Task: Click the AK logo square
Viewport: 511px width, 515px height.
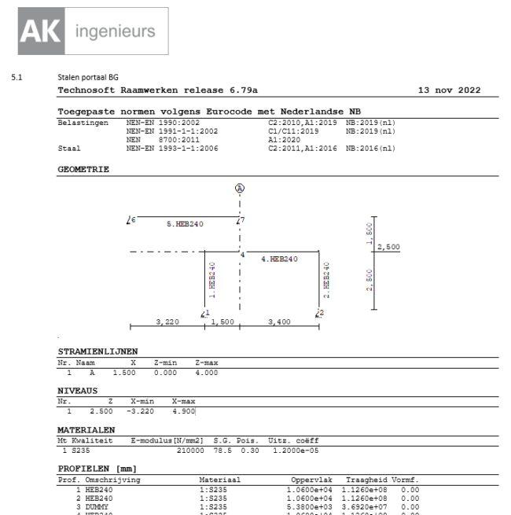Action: (34, 31)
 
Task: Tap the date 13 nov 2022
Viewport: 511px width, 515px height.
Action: (450, 91)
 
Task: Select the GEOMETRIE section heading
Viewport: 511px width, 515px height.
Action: (83, 168)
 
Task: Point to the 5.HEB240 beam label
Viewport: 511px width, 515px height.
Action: (186, 224)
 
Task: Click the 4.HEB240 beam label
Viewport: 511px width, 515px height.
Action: (279, 259)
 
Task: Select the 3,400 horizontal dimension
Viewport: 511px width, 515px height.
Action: (280, 322)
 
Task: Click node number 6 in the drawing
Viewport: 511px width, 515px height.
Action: (133, 219)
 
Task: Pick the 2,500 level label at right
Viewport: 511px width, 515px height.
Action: (388, 247)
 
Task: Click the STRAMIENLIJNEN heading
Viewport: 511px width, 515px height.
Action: (97, 351)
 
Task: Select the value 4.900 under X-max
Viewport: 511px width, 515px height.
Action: (182, 410)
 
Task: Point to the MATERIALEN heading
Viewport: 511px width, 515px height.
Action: (86, 430)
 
